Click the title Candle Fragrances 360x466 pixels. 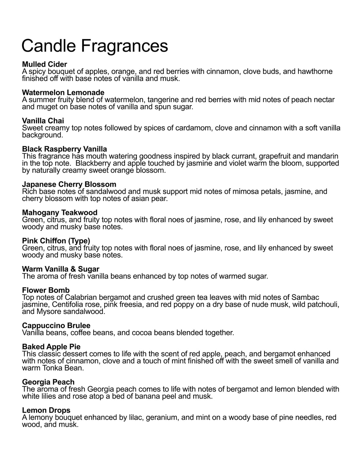(95, 46)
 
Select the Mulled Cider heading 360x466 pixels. (45, 64)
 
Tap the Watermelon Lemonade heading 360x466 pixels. (63, 92)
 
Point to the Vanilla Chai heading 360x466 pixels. (43, 121)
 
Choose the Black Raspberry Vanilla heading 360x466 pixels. (64, 149)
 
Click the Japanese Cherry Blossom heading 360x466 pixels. (69, 184)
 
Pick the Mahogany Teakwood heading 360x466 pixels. (60, 213)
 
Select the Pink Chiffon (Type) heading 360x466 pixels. (56, 241)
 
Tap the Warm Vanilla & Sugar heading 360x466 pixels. (61, 269)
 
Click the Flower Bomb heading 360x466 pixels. (46, 290)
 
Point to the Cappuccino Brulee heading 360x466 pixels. (56, 326)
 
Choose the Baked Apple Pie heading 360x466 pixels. (51, 346)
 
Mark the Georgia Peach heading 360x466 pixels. (48, 382)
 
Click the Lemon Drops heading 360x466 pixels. (46, 410)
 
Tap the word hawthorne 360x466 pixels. (315, 71)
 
